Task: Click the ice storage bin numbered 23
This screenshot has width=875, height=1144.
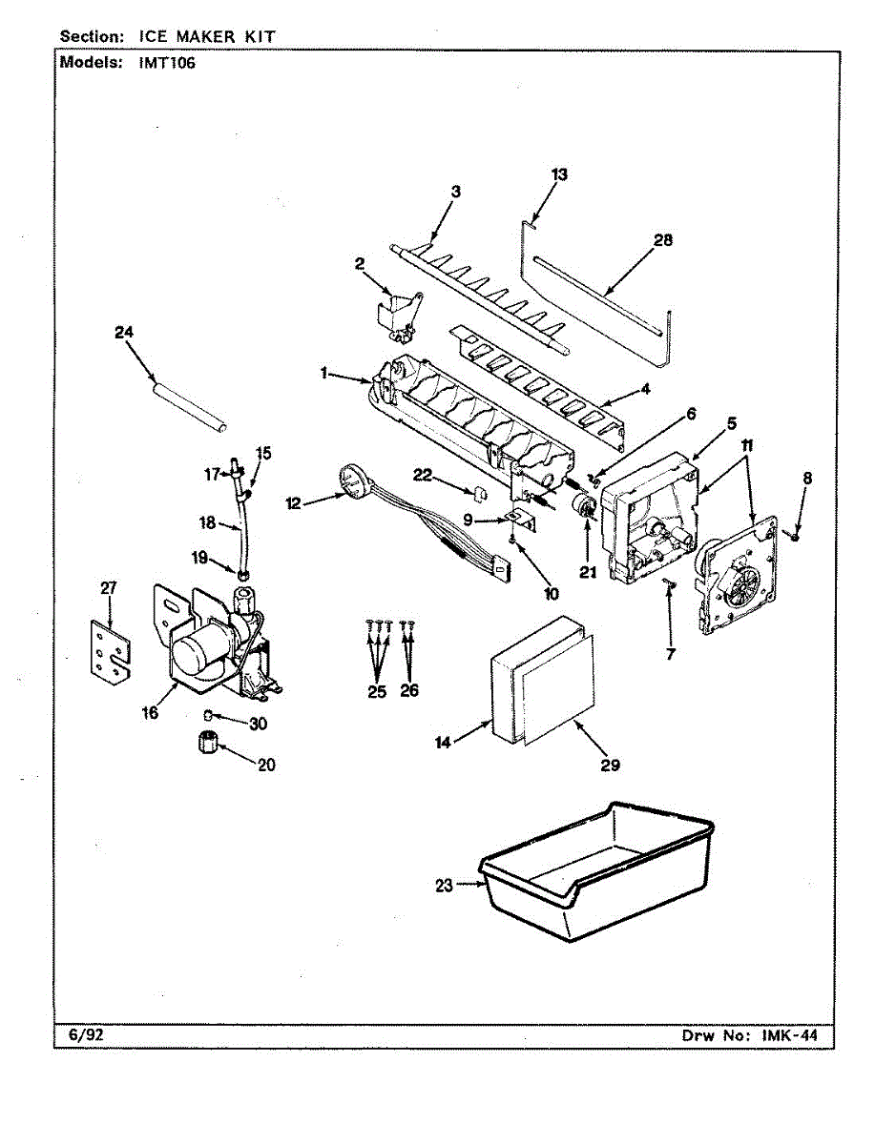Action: [x=596, y=872]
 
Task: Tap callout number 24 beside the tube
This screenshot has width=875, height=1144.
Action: [x=124, y=333]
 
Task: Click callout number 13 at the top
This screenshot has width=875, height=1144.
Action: [x=558, y=174]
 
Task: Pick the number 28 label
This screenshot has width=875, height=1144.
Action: [x=662, y=240]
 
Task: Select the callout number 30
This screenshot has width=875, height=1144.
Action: [x=258, y=724]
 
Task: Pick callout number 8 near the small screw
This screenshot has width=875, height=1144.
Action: [x=807, y=480]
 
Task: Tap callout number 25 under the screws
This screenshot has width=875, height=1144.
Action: [x=378, y=691]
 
